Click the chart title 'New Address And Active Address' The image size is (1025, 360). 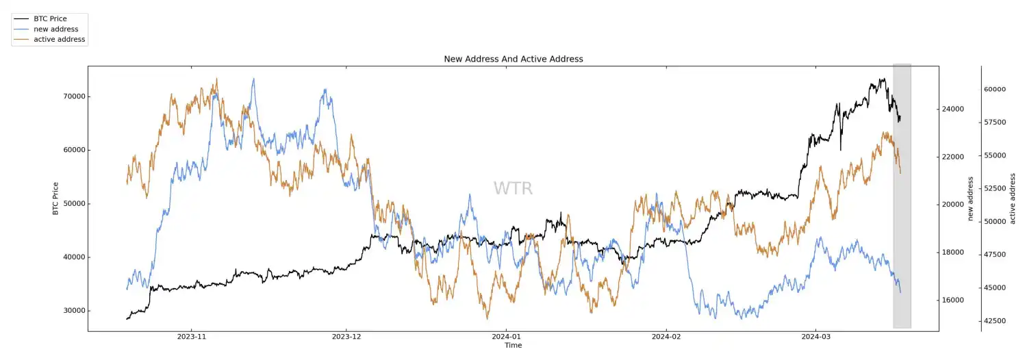(513, 59)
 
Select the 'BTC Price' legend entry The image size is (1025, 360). (50, 19)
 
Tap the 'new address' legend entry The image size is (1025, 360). (55, 29)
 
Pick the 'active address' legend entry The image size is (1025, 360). (59, 40)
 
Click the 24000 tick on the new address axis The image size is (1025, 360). (954, 110)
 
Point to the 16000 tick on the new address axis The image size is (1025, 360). (954, 300)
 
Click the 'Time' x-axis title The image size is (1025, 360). (513, 346)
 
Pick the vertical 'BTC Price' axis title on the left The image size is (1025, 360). (55, 198)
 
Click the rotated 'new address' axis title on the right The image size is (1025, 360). (970, 198)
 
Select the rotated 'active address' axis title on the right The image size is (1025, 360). (1013, 198)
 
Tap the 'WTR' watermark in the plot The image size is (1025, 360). (513, 189)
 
